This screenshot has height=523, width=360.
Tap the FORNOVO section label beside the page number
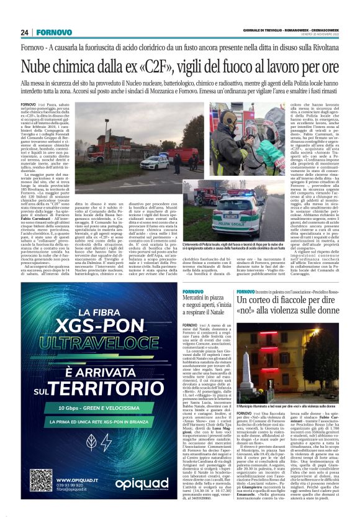[x=53, y=32]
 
